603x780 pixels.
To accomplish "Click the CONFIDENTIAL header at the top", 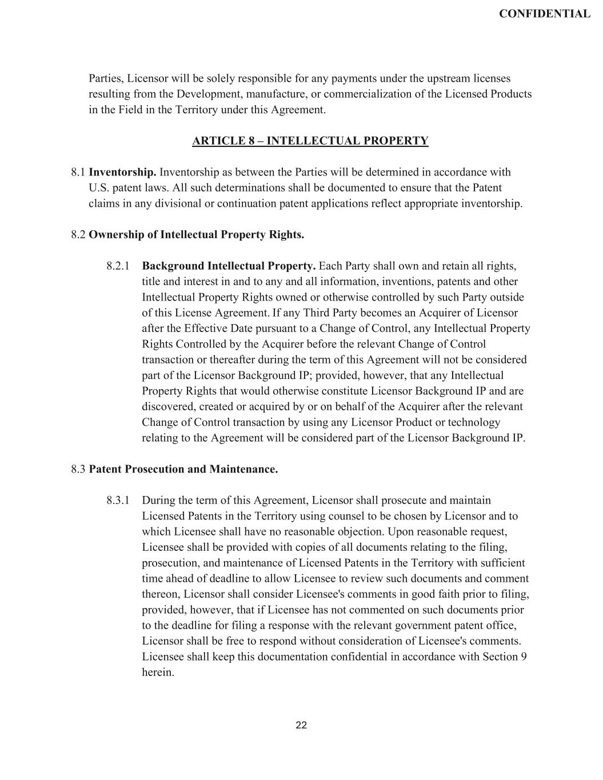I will click(x=544, y=14).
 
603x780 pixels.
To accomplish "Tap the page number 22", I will click(x=301, y=725).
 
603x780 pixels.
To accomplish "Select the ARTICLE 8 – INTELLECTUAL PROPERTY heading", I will click(x=310, y=141).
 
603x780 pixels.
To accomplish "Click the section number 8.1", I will click(x=78, y=172).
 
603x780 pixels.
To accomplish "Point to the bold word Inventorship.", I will click(x=122, y=172).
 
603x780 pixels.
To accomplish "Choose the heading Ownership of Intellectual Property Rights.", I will click(x=196, y=234).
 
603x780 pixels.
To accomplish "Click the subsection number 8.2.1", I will click(x=118, y=266).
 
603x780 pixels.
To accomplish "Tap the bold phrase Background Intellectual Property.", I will click(x=229, y=266).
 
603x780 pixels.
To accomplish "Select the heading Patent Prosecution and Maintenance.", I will click(x=183, y=469).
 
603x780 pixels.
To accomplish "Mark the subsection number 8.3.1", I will click(x=118, y=501).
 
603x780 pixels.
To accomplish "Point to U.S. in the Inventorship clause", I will click(x=99, y=187).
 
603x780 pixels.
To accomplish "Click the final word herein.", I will click(x=158, y=672).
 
